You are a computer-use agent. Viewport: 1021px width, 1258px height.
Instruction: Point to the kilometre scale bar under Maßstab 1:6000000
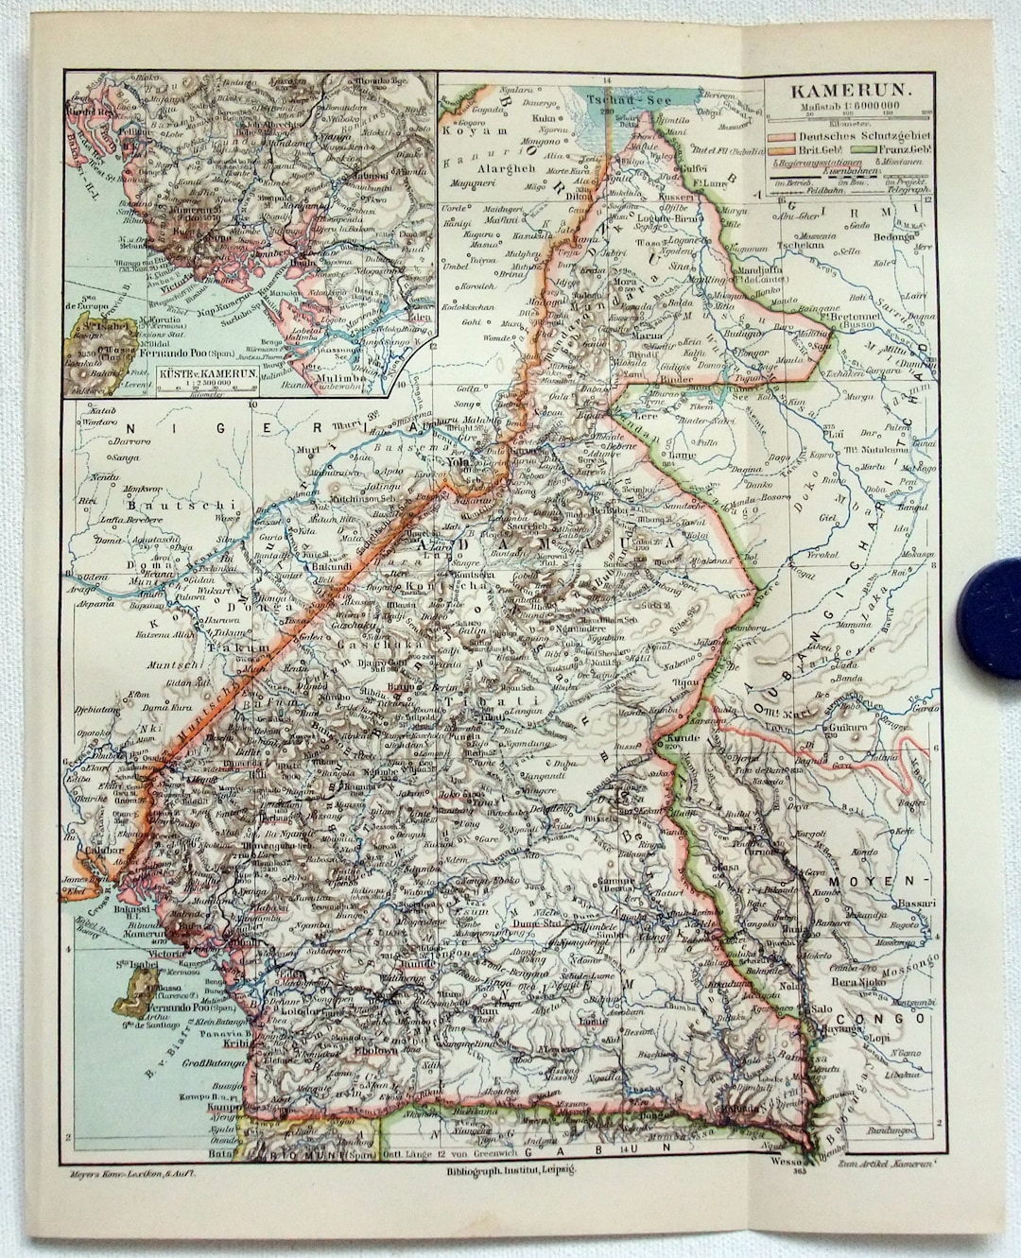pos(850,119)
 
